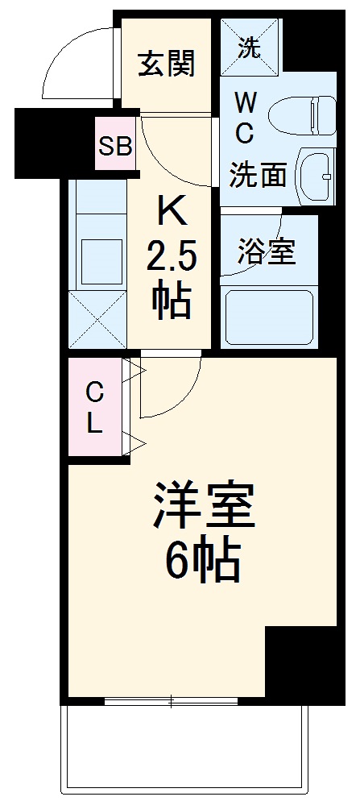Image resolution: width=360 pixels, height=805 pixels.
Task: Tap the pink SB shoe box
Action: (x=115, y=146)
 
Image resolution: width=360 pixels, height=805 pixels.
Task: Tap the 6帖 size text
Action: (x=203, y=560)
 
